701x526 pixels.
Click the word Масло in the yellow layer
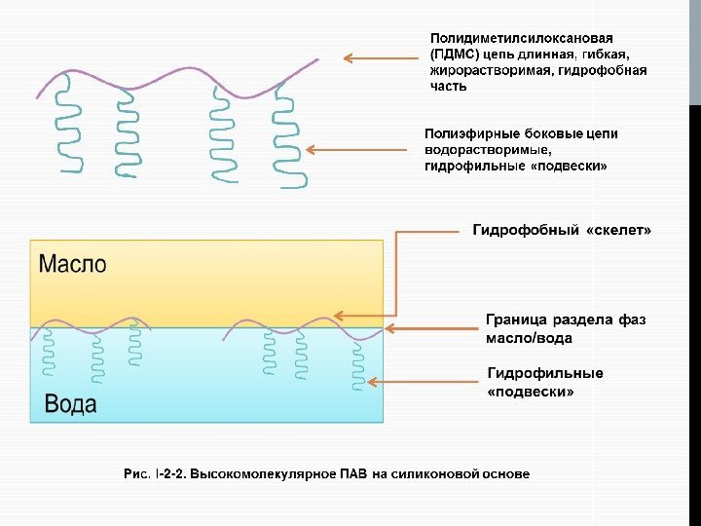tap(72, 264)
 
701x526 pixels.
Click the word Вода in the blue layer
tap(70, 403)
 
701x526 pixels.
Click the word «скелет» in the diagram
tap(618, 231)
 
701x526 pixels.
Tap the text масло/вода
tap(529, 338)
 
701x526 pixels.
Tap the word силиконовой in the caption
tap(435, 474)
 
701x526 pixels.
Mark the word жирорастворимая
tap(489, 70)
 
